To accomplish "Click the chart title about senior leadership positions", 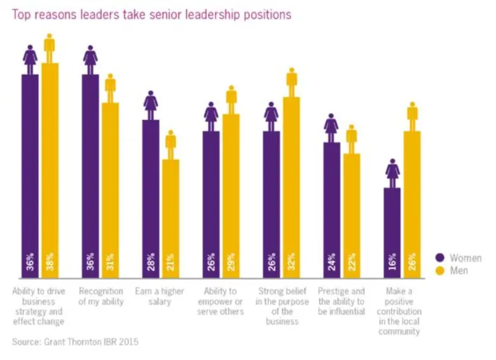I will point(151,14).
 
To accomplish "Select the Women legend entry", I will point(458,258).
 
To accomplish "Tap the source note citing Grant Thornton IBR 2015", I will point(74,342).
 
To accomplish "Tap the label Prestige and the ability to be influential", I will point(341,302).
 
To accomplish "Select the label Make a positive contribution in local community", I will point(401,312).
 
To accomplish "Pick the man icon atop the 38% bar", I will point(50,48).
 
